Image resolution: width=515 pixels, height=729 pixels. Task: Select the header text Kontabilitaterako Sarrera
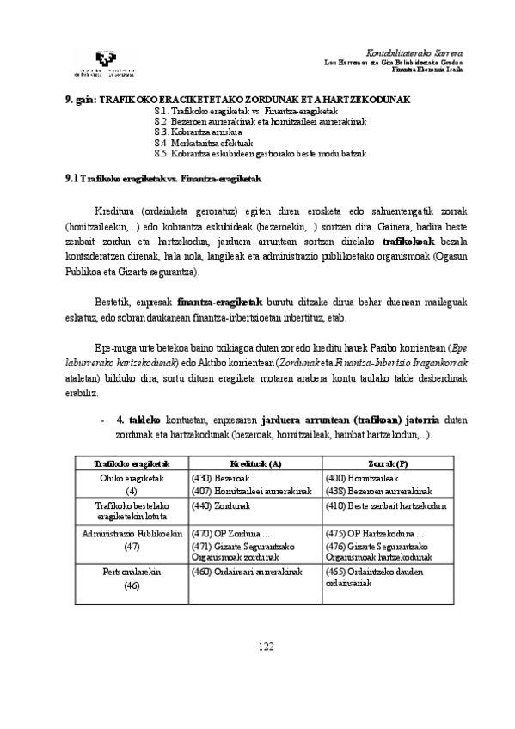point(414,53)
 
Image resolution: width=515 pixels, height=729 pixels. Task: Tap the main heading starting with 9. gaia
point(238,100)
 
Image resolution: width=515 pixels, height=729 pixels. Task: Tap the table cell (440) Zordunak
point(215,506)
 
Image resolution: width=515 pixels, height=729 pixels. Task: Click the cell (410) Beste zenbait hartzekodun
point(386,506)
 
